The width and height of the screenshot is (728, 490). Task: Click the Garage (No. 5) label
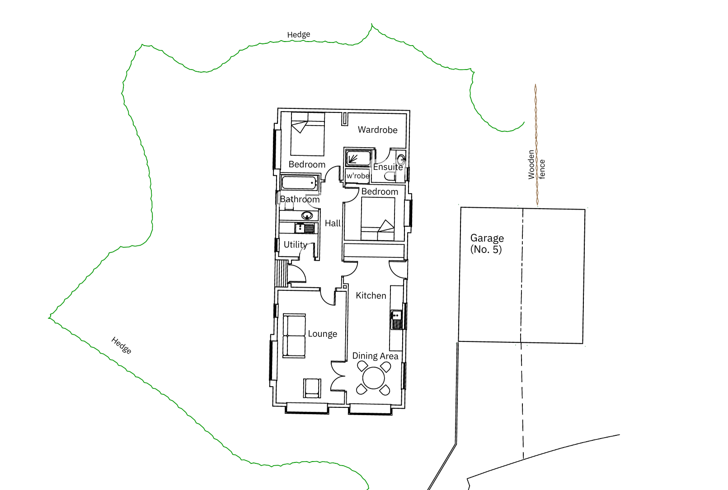[x=487, y=243]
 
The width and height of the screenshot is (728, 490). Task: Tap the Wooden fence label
[x=536, y=165]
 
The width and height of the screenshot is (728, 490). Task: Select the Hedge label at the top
[x=298, y=35]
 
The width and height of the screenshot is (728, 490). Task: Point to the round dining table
[x=373, y=378]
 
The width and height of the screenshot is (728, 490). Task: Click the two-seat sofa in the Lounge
[x=294, y=336]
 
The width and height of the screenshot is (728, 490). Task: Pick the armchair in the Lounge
[x=312, y=388]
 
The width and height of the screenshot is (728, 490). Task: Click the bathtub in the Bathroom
[x=299, y=183]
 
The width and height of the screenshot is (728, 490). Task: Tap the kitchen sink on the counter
[x=396, y=320]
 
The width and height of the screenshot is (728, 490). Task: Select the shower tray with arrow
[x=358, y=158]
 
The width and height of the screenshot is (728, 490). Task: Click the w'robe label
[x=358, y=176]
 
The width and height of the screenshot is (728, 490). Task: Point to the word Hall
[x=333, y=224]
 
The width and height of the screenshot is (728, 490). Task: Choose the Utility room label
[x=295, y=244]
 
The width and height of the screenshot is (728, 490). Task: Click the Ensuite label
[x=388, y=167]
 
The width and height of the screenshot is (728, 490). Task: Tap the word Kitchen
[x=371, y=295]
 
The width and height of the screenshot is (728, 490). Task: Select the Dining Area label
[x=375, y=356]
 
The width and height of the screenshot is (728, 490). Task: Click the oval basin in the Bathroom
[x=307, y=215]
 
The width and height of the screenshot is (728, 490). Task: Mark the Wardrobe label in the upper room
[x=377, y=130]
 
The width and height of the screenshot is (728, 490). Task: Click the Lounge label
[x=322, y=334]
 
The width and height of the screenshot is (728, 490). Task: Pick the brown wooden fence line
[x=536, y=145]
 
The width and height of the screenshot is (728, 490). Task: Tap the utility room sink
[x=305, y=228]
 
